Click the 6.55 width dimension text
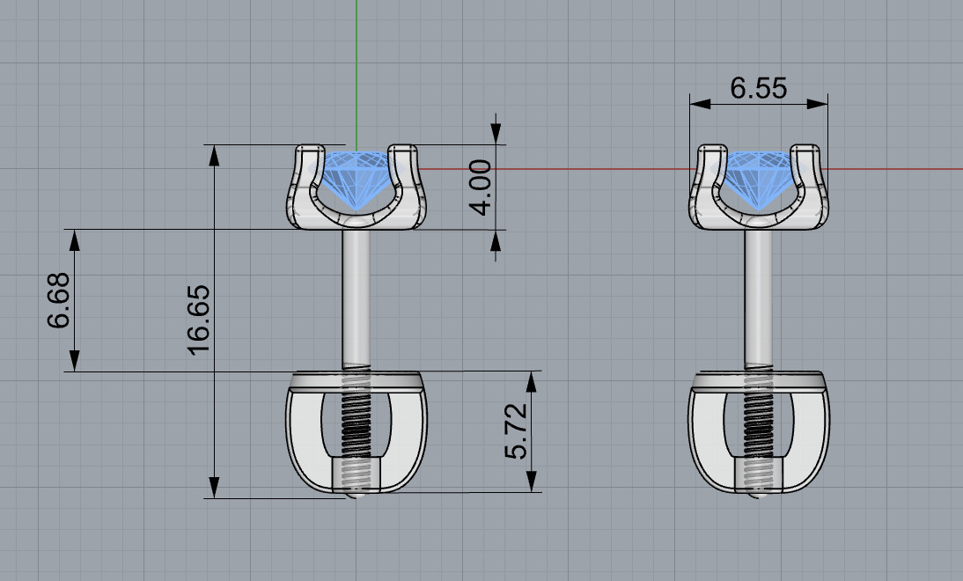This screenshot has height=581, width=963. (758, 88)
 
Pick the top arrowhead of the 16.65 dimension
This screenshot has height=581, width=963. (213, 155)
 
